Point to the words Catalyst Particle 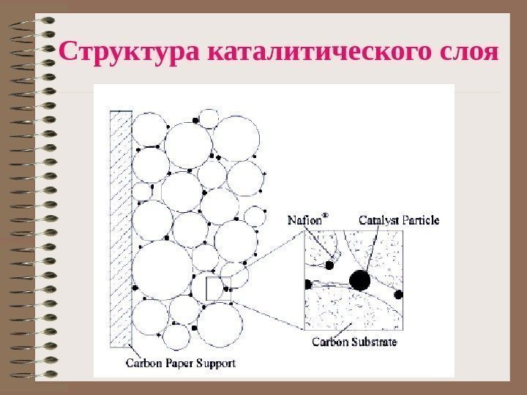(399, 219)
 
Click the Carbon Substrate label (354, 342)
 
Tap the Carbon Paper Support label (181, 362)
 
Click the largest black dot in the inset (359, 279)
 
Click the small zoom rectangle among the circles (217, 288)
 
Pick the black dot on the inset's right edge (399, 295)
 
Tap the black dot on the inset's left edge (307, 285)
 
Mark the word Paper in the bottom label (176, 362)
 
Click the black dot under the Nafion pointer (329, 264)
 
